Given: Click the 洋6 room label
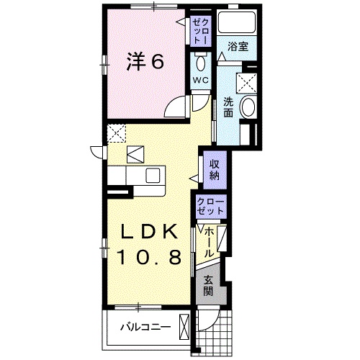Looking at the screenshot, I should click(146, 63).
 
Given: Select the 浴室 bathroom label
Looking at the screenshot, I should click(238, 46).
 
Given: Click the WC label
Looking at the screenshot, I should click(200, 81).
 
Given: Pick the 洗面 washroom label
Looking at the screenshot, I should click(228, 107).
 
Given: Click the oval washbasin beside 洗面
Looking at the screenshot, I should click(248, 108).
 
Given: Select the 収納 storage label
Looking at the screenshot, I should click(215, 171).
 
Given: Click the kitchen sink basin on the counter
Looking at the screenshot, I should click(152, 176).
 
